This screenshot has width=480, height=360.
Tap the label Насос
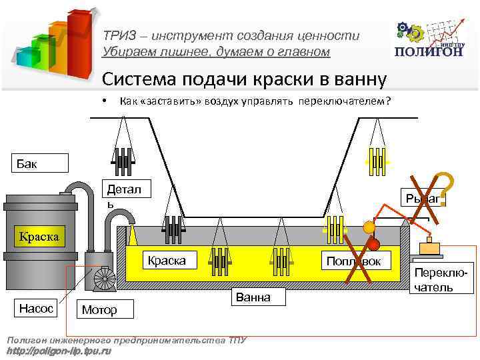click(36, 309)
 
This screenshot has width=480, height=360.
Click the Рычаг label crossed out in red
click(423, 198)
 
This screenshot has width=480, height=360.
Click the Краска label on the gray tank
click(39, 237)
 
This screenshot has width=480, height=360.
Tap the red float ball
click(373, 243)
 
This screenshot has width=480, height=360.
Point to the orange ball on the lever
click(368, 227)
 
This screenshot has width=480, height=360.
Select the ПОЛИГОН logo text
click(429, 52)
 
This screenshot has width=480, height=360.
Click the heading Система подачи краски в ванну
click(243, 80)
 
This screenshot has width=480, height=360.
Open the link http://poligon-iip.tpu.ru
click(59, 350)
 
